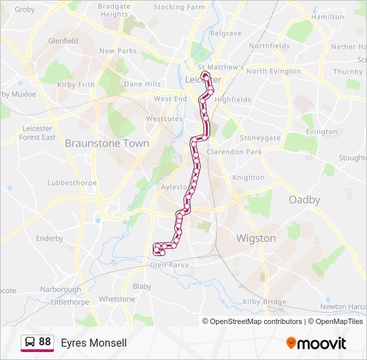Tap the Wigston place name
256,238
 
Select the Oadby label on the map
304,200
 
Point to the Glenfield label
63,41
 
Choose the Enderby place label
49,238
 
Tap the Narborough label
60,289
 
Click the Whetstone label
117,299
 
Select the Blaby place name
142,286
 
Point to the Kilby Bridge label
264,302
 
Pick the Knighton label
248,178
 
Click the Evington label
321,132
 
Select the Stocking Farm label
178,7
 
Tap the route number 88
45,342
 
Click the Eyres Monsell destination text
93,343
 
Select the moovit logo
316,343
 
